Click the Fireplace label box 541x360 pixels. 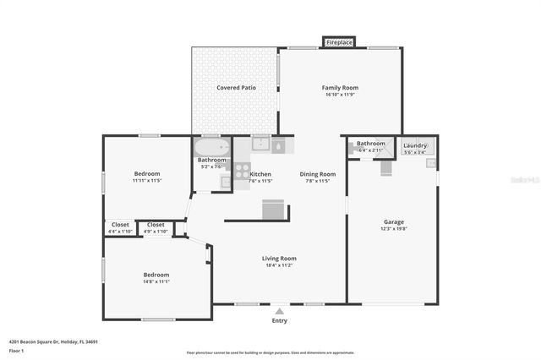point(339,41)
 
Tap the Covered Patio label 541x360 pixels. point(236,88)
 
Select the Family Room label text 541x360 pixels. point(341,88)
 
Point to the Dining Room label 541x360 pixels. point(318,174)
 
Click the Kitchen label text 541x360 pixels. point(260,174)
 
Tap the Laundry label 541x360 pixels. point(415,145)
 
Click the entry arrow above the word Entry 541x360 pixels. point(279,310)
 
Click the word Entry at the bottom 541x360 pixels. point(279,320)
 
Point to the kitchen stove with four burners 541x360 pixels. point(242,172)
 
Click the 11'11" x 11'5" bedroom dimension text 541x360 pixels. point(146,181)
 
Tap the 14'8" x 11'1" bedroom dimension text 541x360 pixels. point(156,281)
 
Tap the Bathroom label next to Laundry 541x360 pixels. point(370,144)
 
